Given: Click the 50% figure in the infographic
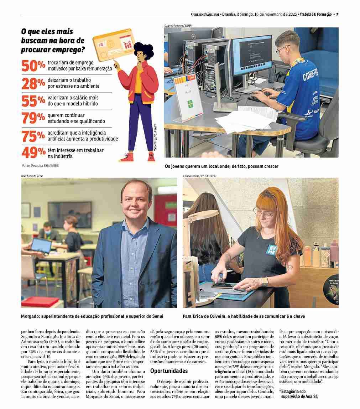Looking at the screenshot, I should click(33, 66).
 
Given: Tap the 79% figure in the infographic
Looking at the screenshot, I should click(33, 118).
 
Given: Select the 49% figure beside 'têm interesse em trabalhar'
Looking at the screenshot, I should click(33, 153).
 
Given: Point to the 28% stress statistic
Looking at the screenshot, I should click(33, 83).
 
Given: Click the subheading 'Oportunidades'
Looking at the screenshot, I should click(169, 371).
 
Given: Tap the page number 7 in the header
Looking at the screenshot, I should click(337, 14).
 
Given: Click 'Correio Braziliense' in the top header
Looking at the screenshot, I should click(205, 14).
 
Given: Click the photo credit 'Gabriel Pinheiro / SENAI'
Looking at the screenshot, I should click(178, 26).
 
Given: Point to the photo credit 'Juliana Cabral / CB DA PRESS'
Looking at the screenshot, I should click(199, 176).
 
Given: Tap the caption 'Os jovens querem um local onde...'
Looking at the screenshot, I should click(221, 166).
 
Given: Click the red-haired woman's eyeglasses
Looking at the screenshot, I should click(264, 213).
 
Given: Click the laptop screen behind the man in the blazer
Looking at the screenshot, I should click(41, 245).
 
